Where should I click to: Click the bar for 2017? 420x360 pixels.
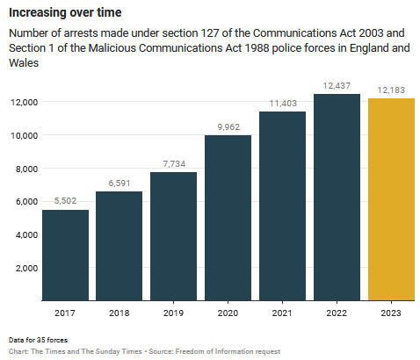(65, 255)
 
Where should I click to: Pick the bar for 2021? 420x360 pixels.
(283, 205)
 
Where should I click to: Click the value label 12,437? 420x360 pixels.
(337, 85)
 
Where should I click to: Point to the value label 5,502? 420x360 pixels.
(65, 201)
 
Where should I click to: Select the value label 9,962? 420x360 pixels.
(228, 126)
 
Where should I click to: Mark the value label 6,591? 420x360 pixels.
(119, 183)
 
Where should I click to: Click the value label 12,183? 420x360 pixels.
(392, 90)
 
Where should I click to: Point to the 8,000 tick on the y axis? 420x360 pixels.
(22, 168)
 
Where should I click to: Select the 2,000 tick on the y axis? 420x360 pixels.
(22, 267)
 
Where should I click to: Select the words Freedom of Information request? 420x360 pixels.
(232, 350)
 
